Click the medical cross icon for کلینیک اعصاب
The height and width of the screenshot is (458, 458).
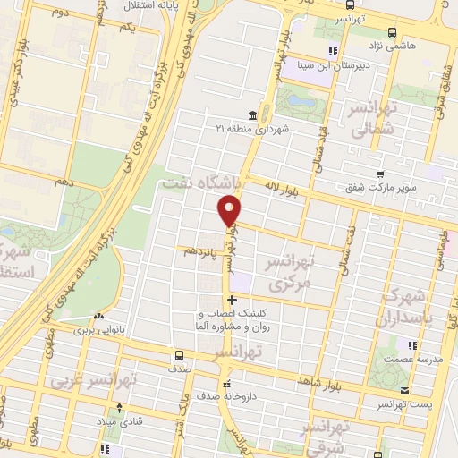233,300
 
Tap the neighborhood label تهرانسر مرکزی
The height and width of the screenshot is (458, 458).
293,275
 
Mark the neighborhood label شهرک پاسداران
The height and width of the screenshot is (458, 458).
412,306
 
